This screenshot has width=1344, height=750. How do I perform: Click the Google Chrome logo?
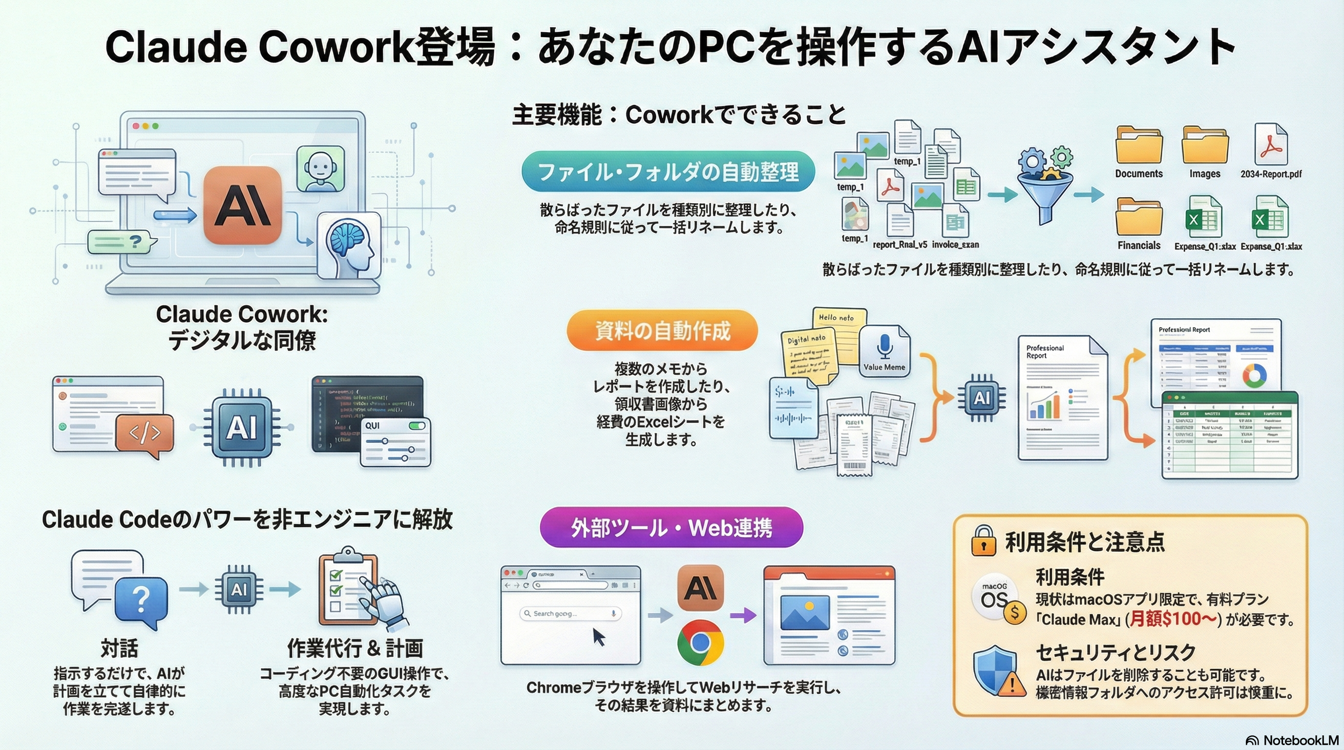[x=700, y=642]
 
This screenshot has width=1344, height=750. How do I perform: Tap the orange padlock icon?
[x=984, y=541]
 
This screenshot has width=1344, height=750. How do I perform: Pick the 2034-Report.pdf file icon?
[x=1270, y=144]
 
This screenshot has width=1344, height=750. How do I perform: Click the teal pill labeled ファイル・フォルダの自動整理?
[x=668, y=171]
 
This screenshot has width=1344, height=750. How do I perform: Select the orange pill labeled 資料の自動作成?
[x=662, y=330]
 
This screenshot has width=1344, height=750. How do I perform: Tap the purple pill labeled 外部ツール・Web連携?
[x=671, y=527]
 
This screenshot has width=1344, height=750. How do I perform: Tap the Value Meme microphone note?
[x=884, y=351]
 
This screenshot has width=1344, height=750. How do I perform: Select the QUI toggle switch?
[x=417, y=426]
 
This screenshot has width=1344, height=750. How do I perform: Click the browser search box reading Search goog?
[x=570, y=613]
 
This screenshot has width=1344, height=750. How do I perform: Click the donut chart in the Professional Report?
[x=1254, y=375]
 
